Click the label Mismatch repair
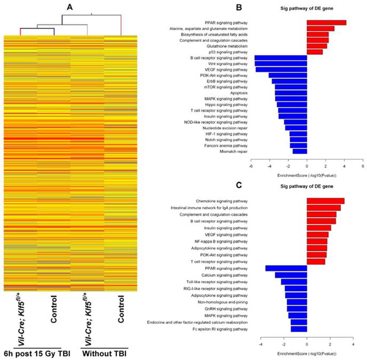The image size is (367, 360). click(x=234, y=151)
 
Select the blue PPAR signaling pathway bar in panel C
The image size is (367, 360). click(x=286, y=268)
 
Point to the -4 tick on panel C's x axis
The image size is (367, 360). click(x=260, y=345)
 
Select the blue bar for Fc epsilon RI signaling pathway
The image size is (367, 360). click(x=299, y=329)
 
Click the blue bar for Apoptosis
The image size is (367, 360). click(x=291, y=93)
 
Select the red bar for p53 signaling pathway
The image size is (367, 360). click(x=314, y=52)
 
